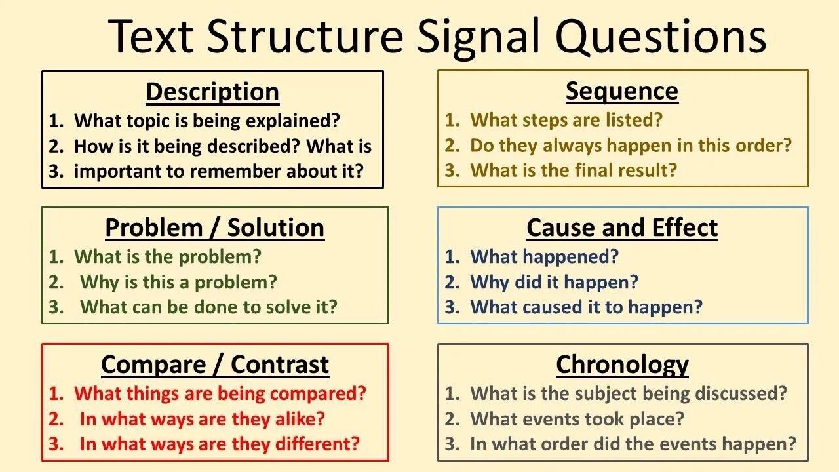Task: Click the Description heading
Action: tap(212, 92)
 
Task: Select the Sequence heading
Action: tap(622, 91)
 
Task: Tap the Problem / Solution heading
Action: tap(214, 228)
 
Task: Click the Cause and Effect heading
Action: tap(622, 228)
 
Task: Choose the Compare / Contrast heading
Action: tap(215, 364)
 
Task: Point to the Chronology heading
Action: tap(622, 364)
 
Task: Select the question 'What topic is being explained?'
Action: tap(207, 121)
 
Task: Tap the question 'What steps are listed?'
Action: tap(566, 120)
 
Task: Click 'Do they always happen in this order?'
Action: tap(631, 146)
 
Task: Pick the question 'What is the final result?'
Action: tap(574, 170)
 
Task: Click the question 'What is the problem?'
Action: tap(167, 256)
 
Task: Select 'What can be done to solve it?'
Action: tap(208, 307)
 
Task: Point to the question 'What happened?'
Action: tap(544, 256)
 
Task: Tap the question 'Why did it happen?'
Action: tap(554, 282)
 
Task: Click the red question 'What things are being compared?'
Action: tap(220, 393)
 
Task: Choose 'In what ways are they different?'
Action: tap(220, 444)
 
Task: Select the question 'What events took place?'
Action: tap(577, 418)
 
